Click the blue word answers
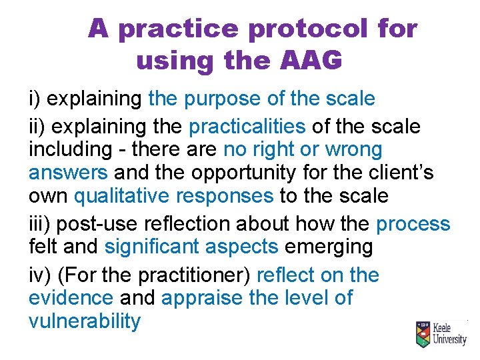coord(68,173)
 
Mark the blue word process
coord(413,223)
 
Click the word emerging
coord(329,247)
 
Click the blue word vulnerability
coord(85,322)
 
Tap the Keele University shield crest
coord(422,334)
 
